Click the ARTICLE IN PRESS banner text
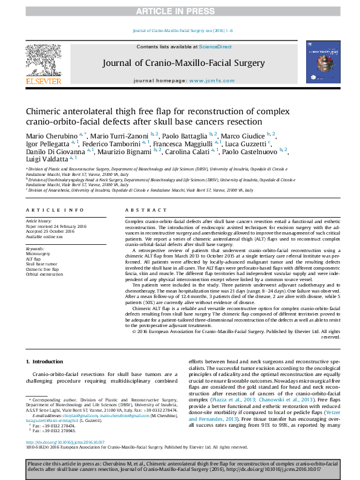point(180,11)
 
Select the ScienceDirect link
point(208,47)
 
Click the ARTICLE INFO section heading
point(54,210)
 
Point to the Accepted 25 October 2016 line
point(52,232)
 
